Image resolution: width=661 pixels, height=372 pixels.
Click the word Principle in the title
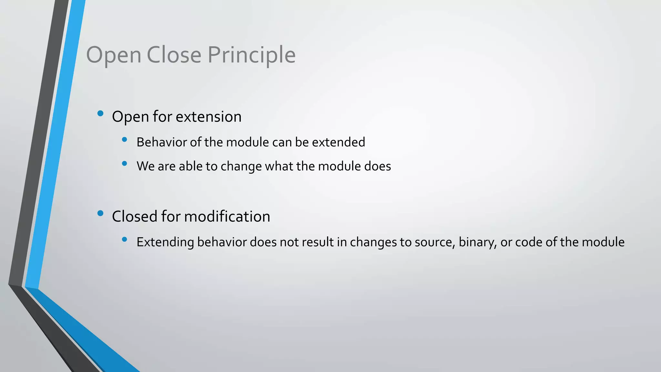click(251, 55)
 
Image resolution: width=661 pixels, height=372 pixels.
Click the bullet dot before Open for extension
click(100, 113)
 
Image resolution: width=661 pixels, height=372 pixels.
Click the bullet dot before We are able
click(125, 163)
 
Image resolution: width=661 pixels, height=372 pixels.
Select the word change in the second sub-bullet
click(241, 167)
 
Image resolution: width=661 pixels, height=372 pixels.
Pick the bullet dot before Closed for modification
click(100, 213)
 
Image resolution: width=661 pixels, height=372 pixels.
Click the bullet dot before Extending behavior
click(125, 239)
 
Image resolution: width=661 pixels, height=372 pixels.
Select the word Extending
click(165, 242)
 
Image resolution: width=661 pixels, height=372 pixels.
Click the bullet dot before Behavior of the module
click(125, 139)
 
